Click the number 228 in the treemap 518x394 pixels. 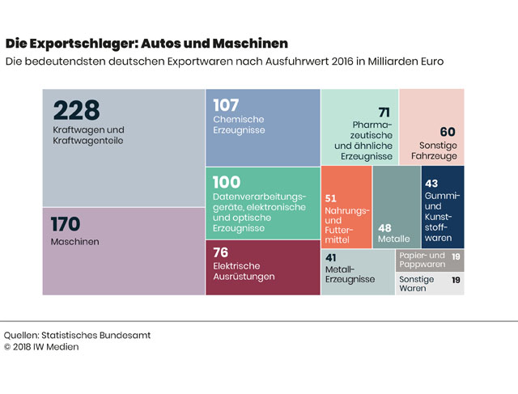76,110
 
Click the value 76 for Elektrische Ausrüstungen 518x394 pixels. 221,252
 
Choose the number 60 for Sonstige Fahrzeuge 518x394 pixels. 448,132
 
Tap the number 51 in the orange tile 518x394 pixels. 330,197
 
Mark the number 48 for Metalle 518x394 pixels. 384,227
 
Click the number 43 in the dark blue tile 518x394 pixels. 431,183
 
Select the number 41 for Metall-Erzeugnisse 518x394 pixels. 330,257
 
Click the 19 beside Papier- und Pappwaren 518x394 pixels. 456,256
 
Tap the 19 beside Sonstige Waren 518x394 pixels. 456,280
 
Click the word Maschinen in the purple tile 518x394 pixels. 74,242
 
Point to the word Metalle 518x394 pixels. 393,239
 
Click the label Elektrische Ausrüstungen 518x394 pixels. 244,270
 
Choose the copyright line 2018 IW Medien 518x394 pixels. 46,347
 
